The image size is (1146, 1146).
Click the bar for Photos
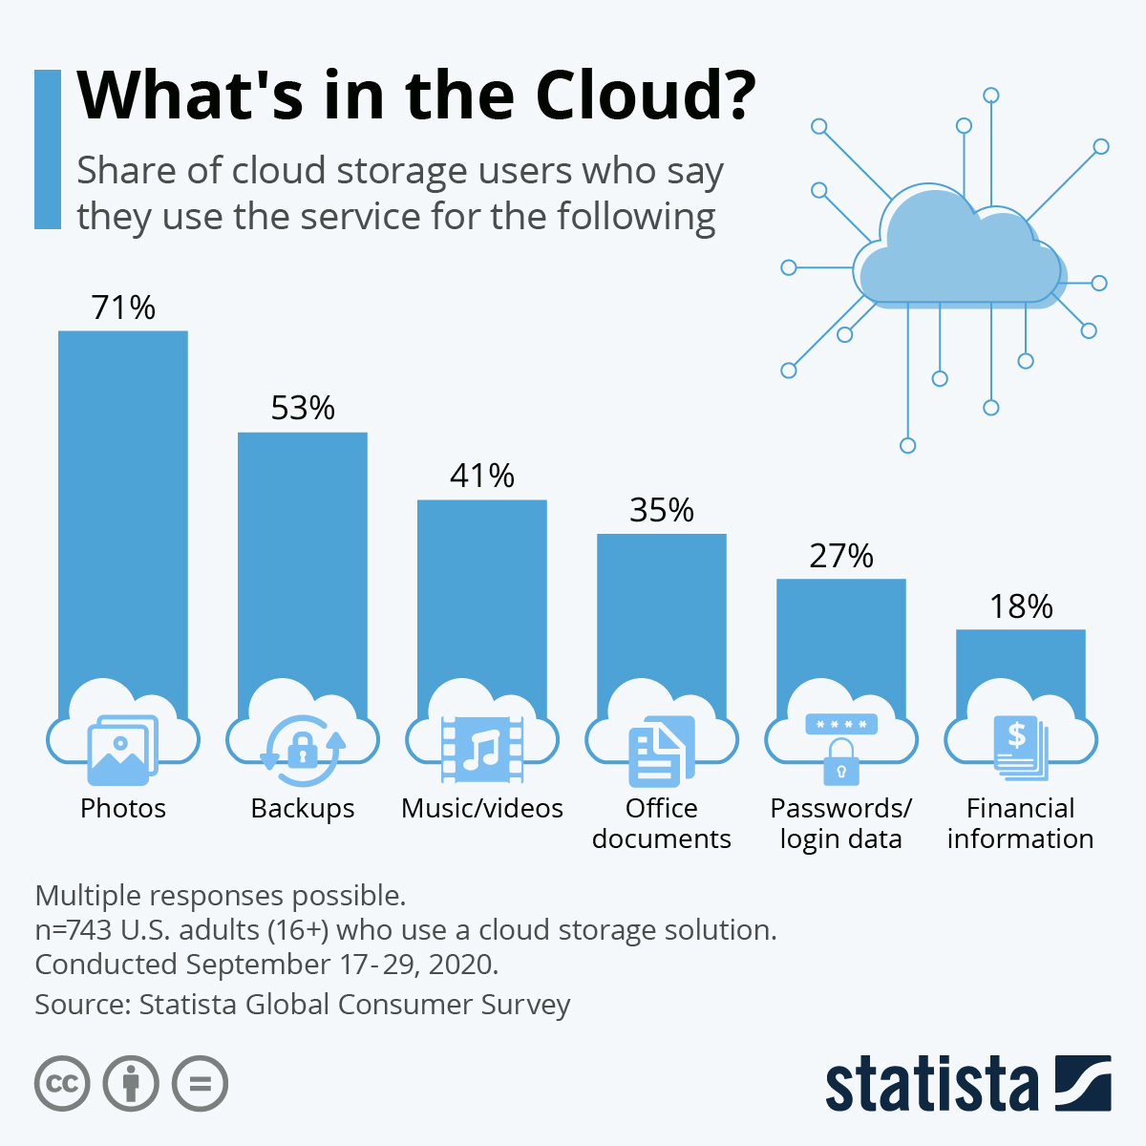tap(122, 506)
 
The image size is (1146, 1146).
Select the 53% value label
tap(303, 409)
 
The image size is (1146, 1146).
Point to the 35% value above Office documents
tap(661, 511)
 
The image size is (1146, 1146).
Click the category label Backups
tap(302, 809)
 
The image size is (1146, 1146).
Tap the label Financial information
tap(1020, 823)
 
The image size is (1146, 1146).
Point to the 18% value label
tap(1020, 606)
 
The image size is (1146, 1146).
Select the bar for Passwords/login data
tap(840, 640)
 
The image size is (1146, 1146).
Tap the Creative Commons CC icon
tap(62, 1084)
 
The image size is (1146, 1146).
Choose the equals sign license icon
tap(200, 1084)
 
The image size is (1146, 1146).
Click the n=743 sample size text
tap(405, 930)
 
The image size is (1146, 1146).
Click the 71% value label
tap(123, 308)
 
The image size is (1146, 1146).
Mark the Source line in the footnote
tap(302, 1005)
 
